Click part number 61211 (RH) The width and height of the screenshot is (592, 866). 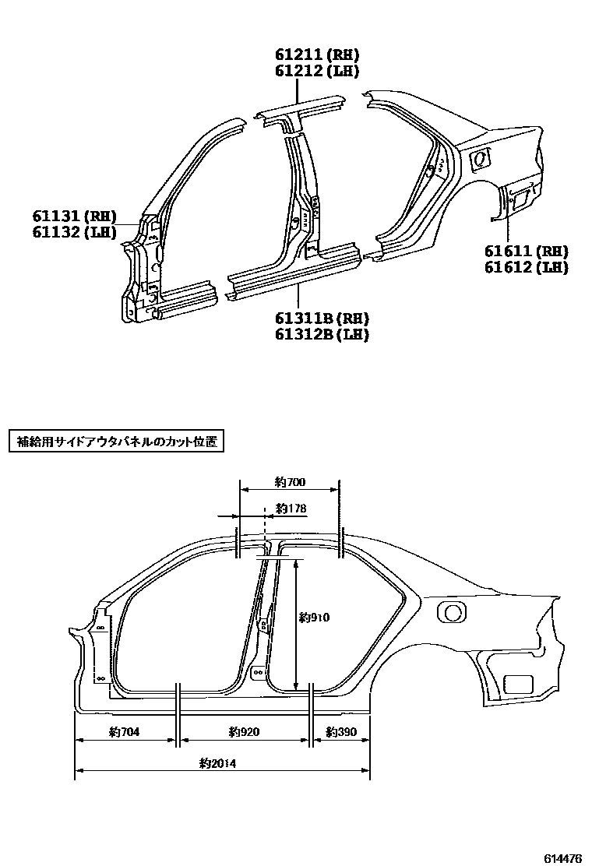(x=316, y=55)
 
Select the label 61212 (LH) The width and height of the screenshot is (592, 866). (x=316, y=71)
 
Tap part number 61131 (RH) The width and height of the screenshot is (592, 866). (x=74, y=216)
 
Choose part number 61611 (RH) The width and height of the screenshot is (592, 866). (x=525, y=251)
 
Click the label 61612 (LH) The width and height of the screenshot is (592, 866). (x=525, y=267)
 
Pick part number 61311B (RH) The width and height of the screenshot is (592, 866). (x=321, y=319)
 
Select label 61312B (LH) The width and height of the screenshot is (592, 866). (x=321, y=335)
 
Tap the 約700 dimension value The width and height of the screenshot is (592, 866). (x=290, y=483)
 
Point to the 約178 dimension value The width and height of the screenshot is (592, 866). (x=291, y=509)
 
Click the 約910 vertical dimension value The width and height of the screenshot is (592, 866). (x=315, y=618)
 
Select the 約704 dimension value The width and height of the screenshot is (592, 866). (x=124, y=732)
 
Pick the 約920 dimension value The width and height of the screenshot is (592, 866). (x=244, y=732)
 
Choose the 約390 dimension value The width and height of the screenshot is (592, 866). (x=341, y=732)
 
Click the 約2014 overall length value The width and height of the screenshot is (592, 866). (x=217, y=764)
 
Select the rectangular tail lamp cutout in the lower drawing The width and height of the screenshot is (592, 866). (x=520, y=685)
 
